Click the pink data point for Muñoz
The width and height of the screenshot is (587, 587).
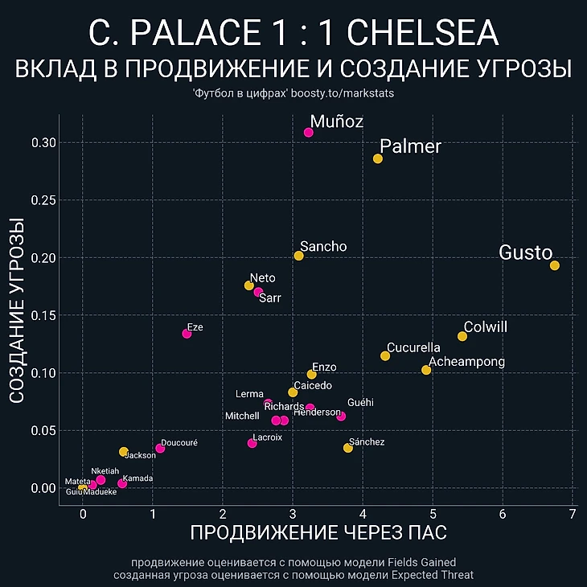(308, 132)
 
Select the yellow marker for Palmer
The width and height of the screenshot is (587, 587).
(378, 158)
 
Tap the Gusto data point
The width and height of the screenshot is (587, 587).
(554, 265)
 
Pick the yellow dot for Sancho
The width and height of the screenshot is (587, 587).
(298, 256)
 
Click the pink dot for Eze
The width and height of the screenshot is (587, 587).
(187, 333)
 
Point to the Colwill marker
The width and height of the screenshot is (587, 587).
(462, 336)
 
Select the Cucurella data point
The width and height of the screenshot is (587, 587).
(385, 355)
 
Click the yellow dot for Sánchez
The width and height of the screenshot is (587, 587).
(348, 448)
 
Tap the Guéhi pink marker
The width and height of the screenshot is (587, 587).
(341, 416)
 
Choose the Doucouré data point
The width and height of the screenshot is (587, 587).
(160, 448)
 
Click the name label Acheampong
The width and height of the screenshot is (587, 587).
(467, 362)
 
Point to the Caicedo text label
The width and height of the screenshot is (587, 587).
(313, 386)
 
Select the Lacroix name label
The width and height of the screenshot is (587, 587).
(267, 437)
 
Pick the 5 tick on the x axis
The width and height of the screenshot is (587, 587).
(433, 515)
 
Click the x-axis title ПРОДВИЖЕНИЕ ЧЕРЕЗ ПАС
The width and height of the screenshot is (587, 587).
(318, 532)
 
